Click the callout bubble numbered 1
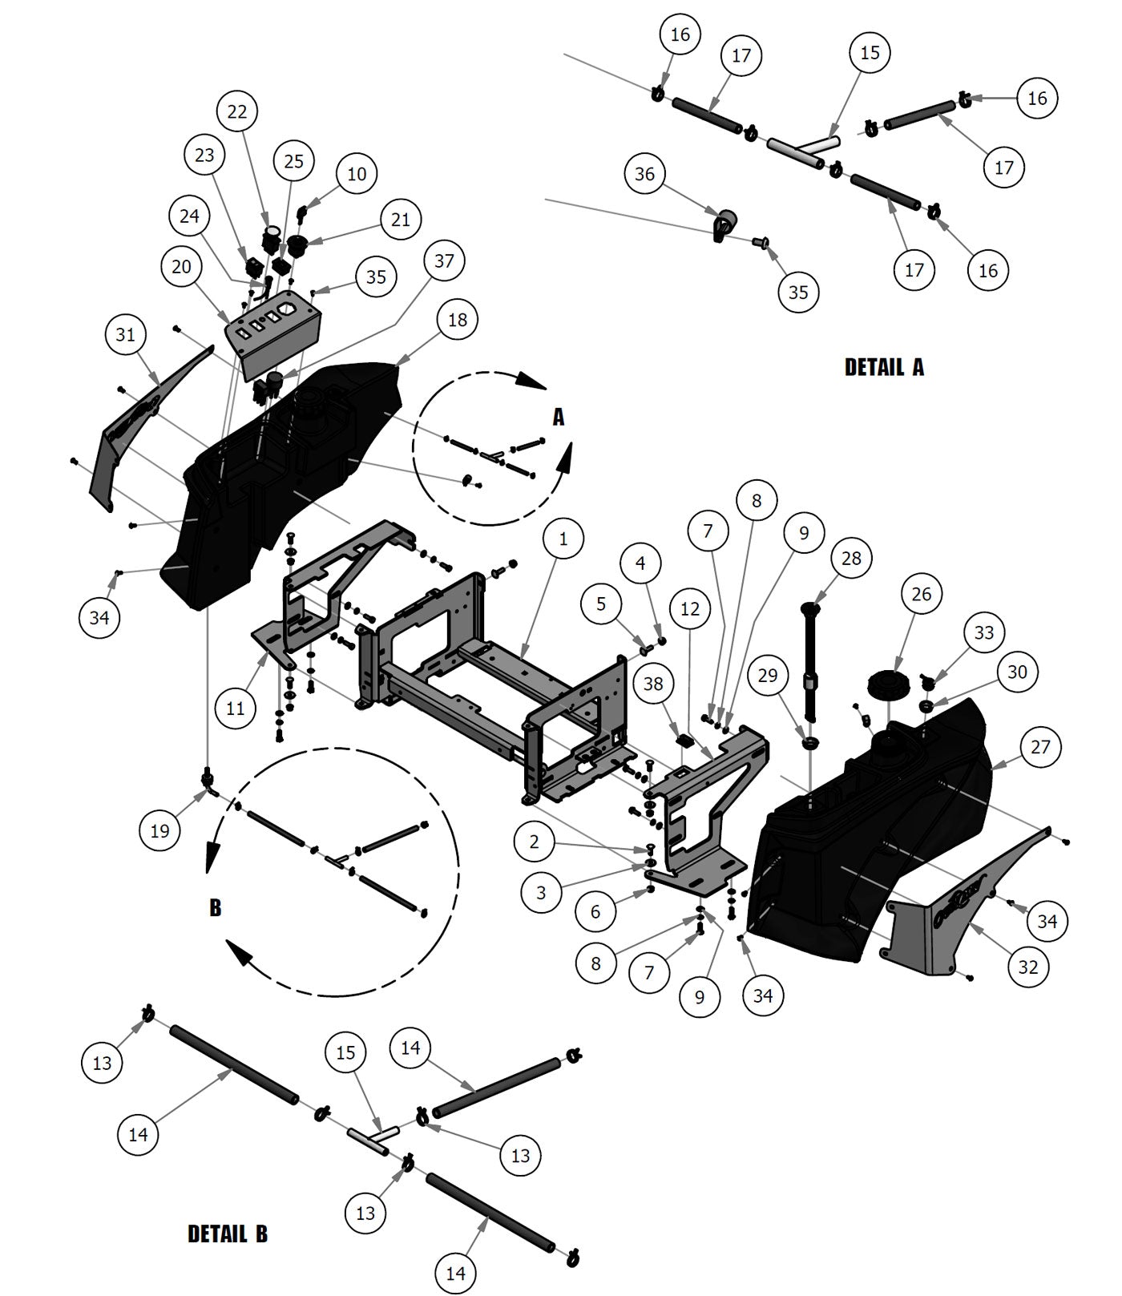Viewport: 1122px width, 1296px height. click(563, 539)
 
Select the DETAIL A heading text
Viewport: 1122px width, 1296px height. click(884, 367)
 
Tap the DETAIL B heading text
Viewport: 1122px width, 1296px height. click(228, 1233)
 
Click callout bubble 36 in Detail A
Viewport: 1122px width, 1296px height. click(645, 174)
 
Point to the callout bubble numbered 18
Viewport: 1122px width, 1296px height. click(458, 320)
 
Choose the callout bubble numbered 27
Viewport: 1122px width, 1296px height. click(1040, 747)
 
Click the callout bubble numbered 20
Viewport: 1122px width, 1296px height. click(182, 266)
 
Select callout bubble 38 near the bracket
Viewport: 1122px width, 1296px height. click(654, 684)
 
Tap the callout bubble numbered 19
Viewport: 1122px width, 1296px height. click(160, 830)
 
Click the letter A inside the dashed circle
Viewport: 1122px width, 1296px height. click(559, 417)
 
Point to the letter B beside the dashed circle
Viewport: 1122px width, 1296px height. click(215, 907)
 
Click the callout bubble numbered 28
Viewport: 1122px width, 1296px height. click(851, 557)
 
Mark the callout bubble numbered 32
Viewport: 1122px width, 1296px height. click(1028, 967)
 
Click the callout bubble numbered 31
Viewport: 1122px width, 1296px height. click(126, 334)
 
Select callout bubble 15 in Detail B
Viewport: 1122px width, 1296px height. click(345, 1052)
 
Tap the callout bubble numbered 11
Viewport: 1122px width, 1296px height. click(235, 709)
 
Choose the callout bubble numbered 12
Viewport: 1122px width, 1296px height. click(690, 609)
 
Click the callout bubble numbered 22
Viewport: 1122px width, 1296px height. click(237, 111)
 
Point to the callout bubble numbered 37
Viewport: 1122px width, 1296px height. click(444, 260)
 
